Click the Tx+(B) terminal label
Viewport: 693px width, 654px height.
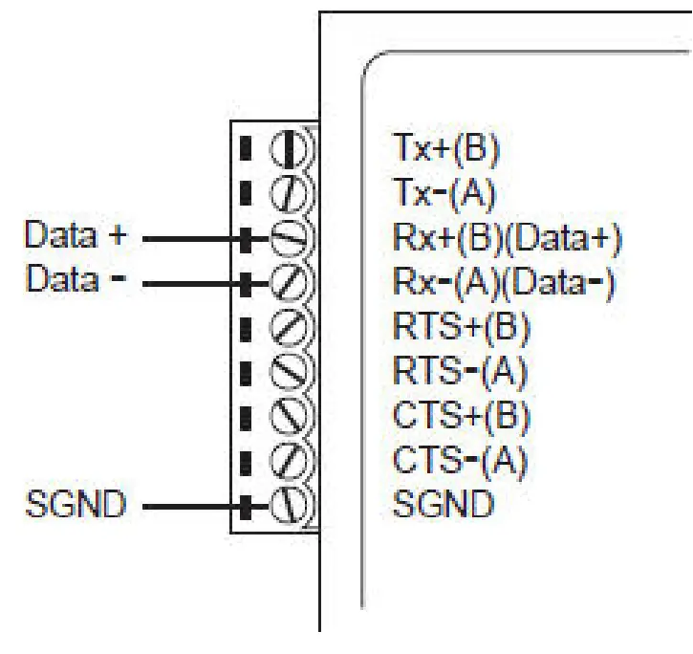[x=446, y=148]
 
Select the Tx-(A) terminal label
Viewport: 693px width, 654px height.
[x=444, y=193]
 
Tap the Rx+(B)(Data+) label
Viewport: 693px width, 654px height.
[x=508, y=238]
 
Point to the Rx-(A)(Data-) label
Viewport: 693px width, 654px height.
[x=505, y=283]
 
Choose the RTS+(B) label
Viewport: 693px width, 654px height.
[x=461, y=327]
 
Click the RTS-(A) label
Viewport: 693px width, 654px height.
[x=460, y=371]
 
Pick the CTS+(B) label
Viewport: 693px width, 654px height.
[x=461, y=416]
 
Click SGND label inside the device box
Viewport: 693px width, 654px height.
[x=444, y=504]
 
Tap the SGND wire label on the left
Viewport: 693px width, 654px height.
[x=76, y=505]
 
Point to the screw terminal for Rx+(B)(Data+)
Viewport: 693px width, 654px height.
[x=288, y=238]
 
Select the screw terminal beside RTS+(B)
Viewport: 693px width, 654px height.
[x=288, y=327]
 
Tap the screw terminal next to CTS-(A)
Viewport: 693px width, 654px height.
[x=288, y=461]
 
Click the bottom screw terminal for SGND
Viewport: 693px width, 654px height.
[x=288, y=505]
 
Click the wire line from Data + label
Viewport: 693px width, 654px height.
[x=191, y=239]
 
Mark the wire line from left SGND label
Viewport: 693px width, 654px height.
[x=191, y=506]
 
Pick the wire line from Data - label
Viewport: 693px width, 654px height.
[x=191, y=283]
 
